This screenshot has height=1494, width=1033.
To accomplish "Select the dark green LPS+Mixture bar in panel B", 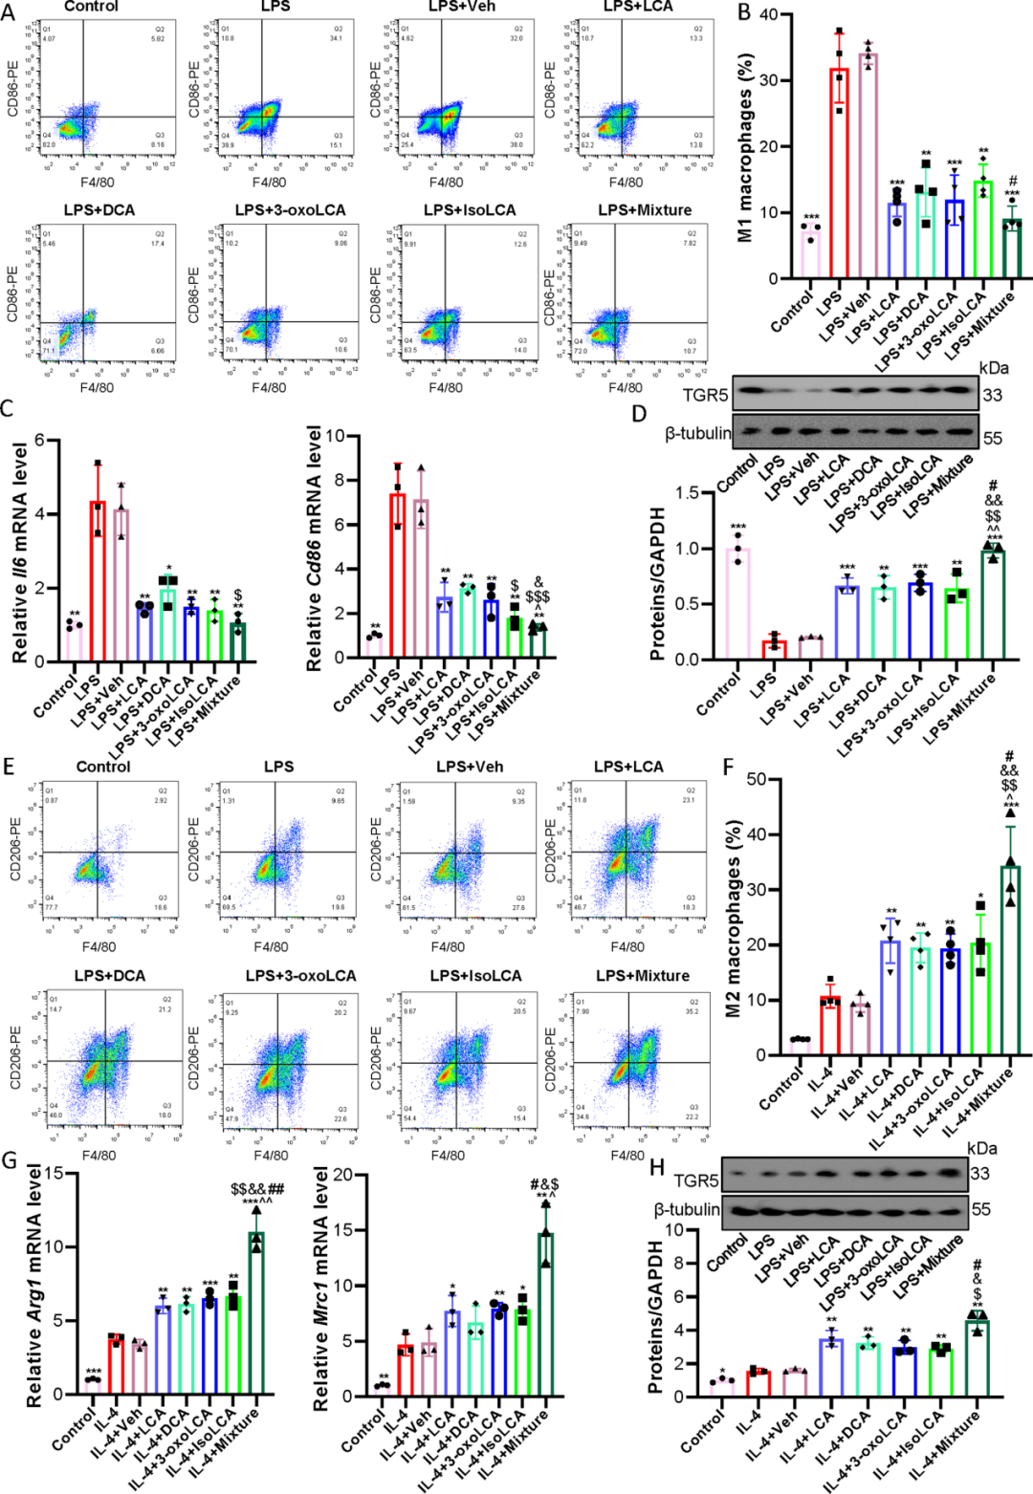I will [x=1011, y=249].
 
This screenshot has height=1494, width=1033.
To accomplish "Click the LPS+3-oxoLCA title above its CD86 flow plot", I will [x=290, y=210].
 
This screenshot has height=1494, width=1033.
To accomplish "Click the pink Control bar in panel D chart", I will [x=736, y=604].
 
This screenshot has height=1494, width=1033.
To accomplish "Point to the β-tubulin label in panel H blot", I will [x=687, y=1209].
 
